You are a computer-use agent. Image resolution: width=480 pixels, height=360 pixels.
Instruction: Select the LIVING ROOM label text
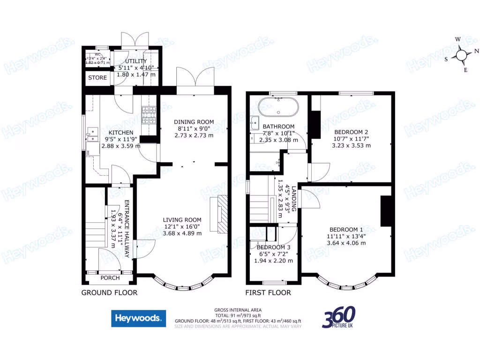point(182,219)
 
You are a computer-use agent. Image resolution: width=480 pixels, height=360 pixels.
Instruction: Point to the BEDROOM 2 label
point(351,132)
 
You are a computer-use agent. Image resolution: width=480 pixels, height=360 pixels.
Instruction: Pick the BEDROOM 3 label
point(273,247)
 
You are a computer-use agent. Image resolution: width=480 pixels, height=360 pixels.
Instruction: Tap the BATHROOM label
point(278,127)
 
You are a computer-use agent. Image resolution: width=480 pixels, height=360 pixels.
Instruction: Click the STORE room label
point(97,77)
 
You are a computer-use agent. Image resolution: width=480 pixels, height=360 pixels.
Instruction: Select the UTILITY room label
point(136,61)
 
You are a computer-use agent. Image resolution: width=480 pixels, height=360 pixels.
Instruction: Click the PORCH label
point(110,277)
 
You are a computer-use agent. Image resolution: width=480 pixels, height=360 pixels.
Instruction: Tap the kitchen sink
point(91,135)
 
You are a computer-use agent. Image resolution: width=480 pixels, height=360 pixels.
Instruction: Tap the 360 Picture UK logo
point(339,317)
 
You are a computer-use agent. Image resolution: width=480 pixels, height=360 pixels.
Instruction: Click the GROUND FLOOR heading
point(109,292)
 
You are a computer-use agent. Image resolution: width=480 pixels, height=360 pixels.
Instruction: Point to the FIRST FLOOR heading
point(268,292)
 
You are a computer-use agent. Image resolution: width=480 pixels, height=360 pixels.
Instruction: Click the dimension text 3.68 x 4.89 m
point(182,233)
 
